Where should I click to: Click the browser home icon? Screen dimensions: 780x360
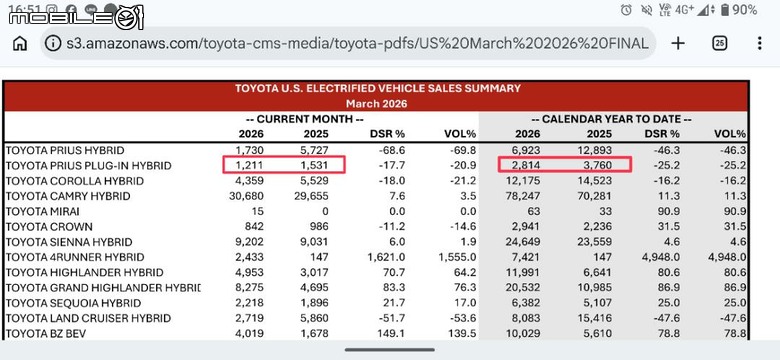[x=20, y=44]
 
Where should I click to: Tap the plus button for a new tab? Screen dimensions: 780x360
[x=678, y=44]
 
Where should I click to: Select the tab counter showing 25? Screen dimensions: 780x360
[x=719, y=44]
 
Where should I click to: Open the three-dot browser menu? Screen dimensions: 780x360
[x=759, y=44]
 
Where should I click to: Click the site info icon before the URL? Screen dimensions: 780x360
[x=53, y=44]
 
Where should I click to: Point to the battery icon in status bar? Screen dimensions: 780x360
[x=725, y=10]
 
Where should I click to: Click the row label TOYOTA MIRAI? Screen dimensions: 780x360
[x=43, y=211]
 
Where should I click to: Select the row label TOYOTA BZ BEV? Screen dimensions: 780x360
[x=46, y=334]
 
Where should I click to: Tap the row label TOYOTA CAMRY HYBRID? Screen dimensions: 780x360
[x=68, y=196]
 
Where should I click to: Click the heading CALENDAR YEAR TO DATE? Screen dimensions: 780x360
[x=613, y=119]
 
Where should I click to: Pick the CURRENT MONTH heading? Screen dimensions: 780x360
[x=304, y=119]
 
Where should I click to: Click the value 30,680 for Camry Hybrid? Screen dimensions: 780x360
[x=246, y=196]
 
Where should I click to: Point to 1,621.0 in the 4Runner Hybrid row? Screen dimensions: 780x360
[x=387, y=258]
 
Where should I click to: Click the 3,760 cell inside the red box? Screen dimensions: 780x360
[x=597, y=166]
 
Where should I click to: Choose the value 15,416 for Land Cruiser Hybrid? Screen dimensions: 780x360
[x=594, y=318]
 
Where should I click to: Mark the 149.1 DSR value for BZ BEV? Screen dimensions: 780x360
[x=392, y=334]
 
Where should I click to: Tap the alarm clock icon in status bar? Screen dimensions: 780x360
[x=626, y=10]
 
